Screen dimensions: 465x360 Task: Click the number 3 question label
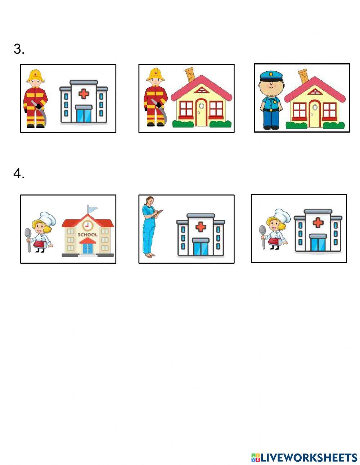point(19,49)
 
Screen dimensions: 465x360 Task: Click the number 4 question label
point(19,174)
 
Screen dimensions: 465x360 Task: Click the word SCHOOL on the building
point(87,234)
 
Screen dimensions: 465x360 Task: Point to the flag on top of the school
point(92,209)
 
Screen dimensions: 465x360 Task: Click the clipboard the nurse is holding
point(159,213)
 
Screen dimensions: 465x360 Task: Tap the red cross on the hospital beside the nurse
point(201,227)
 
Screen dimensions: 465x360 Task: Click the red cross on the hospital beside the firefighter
point(84,94)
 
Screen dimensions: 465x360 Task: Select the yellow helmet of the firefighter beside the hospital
point(36,75)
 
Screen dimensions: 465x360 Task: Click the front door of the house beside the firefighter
point(201,112)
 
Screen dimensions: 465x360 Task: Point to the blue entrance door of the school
point(87,248)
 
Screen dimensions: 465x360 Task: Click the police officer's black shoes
point(271,127)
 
